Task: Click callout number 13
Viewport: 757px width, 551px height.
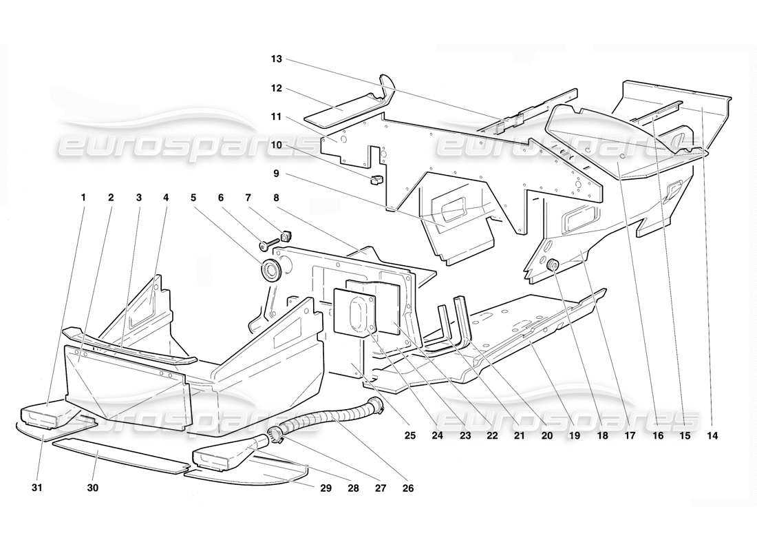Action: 276,59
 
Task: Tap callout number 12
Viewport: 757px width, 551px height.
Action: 276,88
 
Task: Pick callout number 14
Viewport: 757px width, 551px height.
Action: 712,436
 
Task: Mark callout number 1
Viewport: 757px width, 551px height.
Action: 83,198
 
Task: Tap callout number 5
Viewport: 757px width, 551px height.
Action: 193,198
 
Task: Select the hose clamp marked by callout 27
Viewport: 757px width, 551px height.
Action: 277,435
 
